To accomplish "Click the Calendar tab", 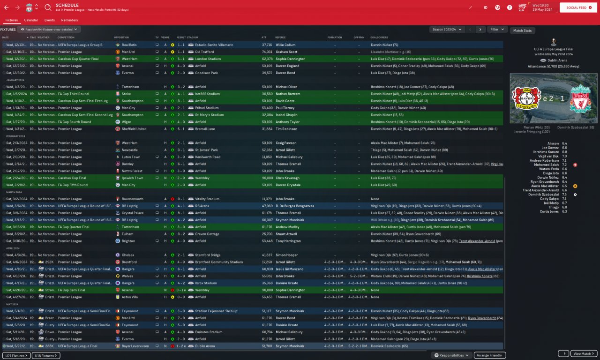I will [31, 20].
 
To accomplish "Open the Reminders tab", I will [69, 20].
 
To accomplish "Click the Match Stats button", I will [522, 30].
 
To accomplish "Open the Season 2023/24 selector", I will [446, 30].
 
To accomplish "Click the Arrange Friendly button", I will [490, 355].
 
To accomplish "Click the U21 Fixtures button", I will [16, 355].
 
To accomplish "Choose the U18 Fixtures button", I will [46, 355].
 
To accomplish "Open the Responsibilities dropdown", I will [451, 355].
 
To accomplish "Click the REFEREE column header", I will [280, 37].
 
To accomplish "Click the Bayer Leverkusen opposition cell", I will [135, 346].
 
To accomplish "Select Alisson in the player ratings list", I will [553, 143].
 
